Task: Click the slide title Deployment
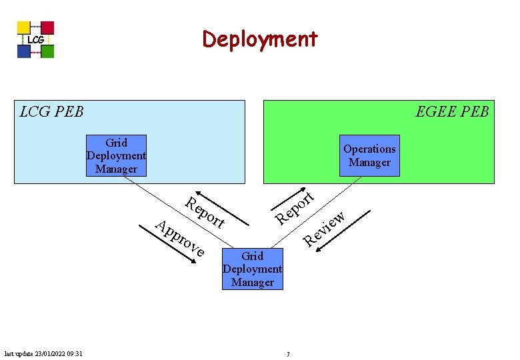(x=260, y=39)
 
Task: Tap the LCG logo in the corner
(x=35, y=40)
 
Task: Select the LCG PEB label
(x=52, y=111)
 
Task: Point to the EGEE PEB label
(x=452, y=111)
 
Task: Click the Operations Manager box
(x=369, y=156)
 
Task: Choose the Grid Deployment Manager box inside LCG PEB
(x=116, y=155)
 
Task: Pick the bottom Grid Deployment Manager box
(x=253, y=269)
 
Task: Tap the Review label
(x=325, y=229)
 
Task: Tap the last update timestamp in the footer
(x=43, y=353)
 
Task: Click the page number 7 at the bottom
(x=288, y=354)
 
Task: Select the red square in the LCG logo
(x=47, y=27)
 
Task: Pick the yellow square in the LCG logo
(x=24, y=27)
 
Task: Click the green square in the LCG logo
(x=47, y=51)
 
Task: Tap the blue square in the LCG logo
(x=24, y=51)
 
